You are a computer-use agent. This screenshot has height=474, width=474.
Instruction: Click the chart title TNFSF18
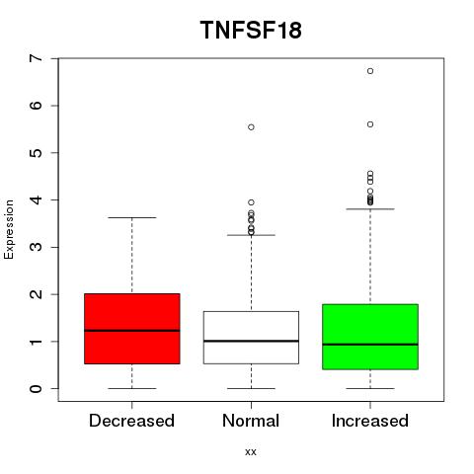tap(251, 31)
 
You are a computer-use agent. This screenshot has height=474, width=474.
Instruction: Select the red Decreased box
tap(132, 329)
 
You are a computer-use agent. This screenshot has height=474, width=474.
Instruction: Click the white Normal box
tap(251, 338)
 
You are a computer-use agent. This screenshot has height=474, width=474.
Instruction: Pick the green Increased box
tap(370, 337)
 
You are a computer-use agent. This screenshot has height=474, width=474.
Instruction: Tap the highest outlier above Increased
tap(370, 71)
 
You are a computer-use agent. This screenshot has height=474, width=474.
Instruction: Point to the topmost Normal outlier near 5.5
tap(251, 127)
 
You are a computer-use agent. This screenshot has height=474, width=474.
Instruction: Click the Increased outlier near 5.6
tap(370, 124)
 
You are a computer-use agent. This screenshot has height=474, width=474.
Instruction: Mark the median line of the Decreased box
tap(132, 331)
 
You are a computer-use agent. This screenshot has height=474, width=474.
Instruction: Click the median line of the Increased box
tap(370, 345)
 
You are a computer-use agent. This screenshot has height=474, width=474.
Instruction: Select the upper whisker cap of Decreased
tap(132, 217)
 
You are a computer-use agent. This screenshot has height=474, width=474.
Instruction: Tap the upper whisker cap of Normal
tap(251, 235)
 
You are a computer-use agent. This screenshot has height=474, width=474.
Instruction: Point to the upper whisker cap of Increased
tap(370, 209)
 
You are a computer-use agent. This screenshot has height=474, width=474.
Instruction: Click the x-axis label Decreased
tap(131, 421)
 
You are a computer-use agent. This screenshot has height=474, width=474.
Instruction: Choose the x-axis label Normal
tap(251, 421)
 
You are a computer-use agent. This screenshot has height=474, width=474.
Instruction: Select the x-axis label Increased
tap(370, 421)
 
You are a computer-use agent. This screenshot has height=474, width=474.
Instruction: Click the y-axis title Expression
tap(9, 229)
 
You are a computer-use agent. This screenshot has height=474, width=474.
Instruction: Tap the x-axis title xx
tap(251, 452)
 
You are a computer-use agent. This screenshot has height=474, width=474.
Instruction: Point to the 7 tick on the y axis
tap(54, 58)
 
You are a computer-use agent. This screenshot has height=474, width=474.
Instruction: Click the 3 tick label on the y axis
tap(37, 247)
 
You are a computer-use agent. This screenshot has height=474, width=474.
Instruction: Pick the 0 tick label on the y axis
tap(37, 388)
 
